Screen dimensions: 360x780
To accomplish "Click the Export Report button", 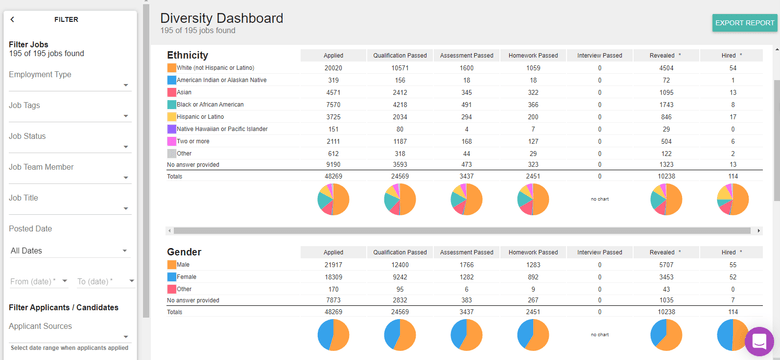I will click(x=745, y=23).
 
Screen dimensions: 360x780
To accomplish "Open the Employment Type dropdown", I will click(x=69, y=80).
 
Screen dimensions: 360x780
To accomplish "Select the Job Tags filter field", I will click(x=69, y=112).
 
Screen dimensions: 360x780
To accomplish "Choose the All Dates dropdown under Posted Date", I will click(x=69, y=250).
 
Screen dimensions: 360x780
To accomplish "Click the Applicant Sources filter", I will click(x=69, y=332).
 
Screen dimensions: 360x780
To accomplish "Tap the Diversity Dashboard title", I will click(x=221, y=18).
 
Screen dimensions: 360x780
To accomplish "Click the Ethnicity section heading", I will click(x=188, y=55).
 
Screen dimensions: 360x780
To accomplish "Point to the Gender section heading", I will click(x=185, y=252).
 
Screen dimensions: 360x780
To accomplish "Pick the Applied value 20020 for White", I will click(x=334, y=68).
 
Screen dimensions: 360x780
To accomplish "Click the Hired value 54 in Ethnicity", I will click(x=733, y=68).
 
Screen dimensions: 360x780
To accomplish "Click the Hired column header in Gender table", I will click(x=733, y=252).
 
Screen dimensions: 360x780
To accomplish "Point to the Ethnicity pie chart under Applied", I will click(x=334, y=200).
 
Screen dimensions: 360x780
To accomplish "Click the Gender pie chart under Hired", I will click(x=733, y=336).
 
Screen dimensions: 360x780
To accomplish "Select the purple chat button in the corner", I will click(x=759, y=341).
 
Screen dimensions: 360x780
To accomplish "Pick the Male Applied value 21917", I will click(x=334, y=264).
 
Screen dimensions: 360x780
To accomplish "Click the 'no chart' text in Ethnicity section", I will click(x=600, y=200).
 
